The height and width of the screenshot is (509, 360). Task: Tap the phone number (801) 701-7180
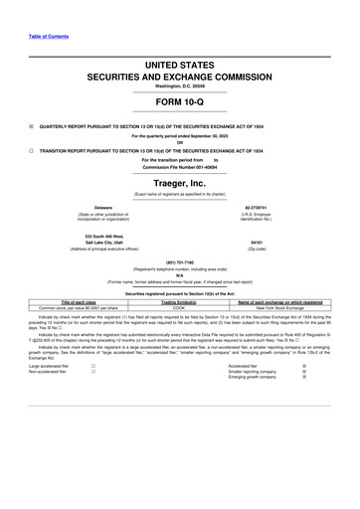(x=180, y=262)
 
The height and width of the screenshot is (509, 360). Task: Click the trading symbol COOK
(x=179, y=307)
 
